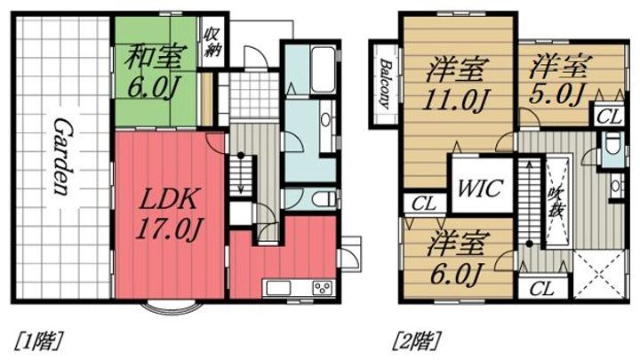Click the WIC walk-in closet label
click(482, 189)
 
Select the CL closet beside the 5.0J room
click(609, 115)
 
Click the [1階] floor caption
click(36, 340)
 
